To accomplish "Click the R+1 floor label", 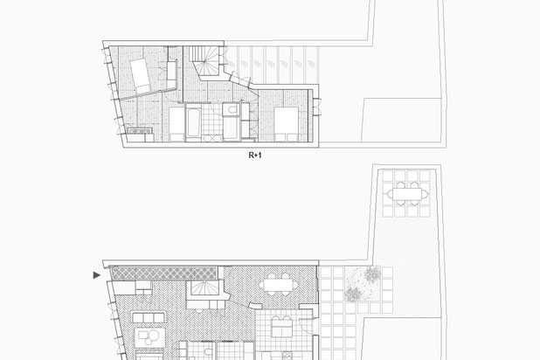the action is click(255, 156).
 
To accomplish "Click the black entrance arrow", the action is click(97, 275).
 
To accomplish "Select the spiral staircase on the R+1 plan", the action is click(206, 61).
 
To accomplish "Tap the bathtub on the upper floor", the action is click(193, 122).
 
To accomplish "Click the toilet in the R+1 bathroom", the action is click(231, 110).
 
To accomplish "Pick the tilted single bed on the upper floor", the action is click(140, 76).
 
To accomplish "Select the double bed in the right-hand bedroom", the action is click(287, 124).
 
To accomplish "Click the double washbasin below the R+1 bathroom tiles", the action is click(212, 138).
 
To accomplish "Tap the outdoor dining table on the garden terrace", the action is click(407, 194).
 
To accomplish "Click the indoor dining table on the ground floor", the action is click(279, 285).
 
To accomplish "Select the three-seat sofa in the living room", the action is click(148, 317).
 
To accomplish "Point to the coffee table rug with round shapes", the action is click(149, 337).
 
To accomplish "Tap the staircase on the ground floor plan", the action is click(205, 288).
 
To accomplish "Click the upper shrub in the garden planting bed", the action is click(372, 274).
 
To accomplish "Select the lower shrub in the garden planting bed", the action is click(353, 294).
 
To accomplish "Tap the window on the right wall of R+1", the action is click(317, 107).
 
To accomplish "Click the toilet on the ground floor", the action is click(208, 351).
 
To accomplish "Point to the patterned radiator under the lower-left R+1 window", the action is click(140, 131).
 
